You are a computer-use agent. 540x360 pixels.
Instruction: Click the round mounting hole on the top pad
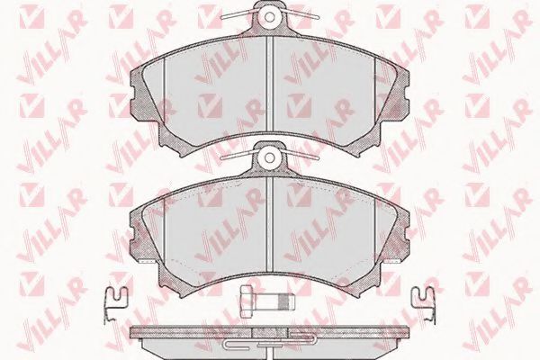click(270, 16)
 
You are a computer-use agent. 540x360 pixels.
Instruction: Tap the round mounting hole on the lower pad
click(270, 157)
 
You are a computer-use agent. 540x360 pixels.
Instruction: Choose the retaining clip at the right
click(424, 303)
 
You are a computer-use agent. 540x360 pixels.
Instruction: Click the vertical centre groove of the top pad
click(270, 85)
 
